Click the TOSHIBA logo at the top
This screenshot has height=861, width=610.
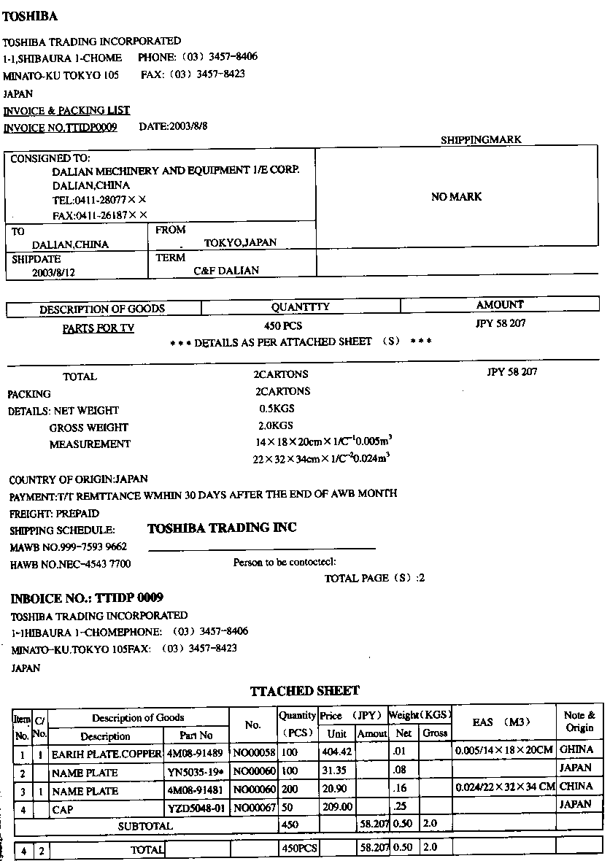[30, 16]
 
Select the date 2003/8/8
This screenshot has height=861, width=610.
[189, 126]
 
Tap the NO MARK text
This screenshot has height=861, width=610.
[456, 197]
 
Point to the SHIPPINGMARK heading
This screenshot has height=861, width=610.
[481, 140]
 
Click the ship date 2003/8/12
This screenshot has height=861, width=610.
[54, 272]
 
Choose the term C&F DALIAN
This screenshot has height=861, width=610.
[226, 270]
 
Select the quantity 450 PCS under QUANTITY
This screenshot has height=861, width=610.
[282, 326]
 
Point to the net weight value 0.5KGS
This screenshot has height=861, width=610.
[277, 409]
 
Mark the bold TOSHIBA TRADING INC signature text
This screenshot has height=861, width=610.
[222, 528]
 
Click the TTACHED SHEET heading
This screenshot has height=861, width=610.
[305, 691]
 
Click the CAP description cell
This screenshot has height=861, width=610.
[62, 809]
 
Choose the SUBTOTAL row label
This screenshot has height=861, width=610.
[145, 826]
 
